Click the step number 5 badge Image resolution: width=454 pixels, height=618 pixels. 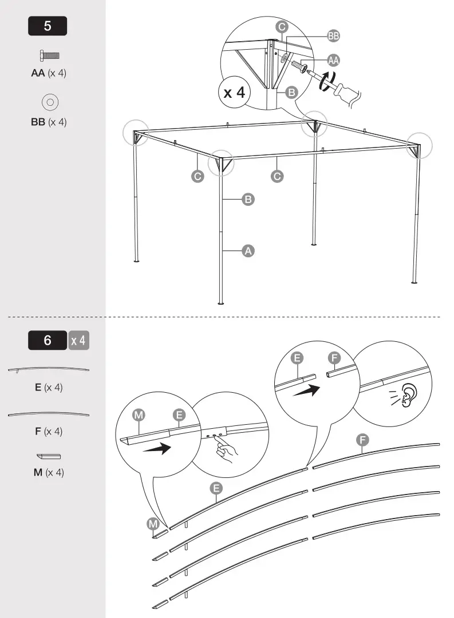48,26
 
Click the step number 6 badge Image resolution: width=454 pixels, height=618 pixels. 48,341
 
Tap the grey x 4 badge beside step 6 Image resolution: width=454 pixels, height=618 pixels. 78,341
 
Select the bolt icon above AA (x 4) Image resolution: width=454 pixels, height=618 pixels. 50,55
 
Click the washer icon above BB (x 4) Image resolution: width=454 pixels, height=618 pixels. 50,102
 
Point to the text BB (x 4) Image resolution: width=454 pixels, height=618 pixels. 49,122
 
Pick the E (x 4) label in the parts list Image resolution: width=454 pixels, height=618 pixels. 49,388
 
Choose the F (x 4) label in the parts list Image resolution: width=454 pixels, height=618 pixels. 49,431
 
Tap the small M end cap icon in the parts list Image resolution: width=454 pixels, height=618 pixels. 49,456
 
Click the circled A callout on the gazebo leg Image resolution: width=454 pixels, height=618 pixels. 248,250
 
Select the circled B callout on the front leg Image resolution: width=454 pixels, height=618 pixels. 248,199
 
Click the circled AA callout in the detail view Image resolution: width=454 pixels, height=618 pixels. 333,60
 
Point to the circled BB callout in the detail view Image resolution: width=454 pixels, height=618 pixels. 333,35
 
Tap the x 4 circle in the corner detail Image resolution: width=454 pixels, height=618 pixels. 234,92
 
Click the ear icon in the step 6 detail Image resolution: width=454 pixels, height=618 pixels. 408,394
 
